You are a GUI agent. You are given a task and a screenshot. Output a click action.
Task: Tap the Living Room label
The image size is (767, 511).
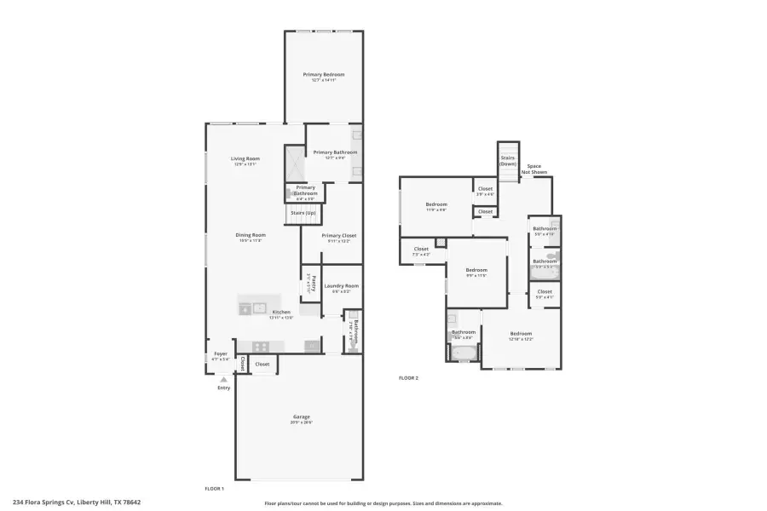tap(245, 158)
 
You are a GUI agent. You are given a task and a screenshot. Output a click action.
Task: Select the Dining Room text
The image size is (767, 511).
tap(251, 235)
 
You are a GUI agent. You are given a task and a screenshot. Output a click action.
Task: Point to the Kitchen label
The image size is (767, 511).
tap(281, 313)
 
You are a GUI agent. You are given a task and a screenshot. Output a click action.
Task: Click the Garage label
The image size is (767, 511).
tap(302, 416)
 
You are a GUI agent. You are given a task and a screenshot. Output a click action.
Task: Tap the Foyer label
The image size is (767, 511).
tap(220, 353)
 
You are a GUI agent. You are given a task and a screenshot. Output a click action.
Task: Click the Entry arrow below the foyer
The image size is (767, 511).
tap(224, 381)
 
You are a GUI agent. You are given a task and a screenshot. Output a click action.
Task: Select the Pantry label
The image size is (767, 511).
tap(312, 282)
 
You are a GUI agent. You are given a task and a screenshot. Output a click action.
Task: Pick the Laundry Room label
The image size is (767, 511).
tap(340, 286)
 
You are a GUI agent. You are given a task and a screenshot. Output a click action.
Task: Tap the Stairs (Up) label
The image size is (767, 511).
tap(303, 213)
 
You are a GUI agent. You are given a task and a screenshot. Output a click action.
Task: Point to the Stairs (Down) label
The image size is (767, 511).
tap(508, 160)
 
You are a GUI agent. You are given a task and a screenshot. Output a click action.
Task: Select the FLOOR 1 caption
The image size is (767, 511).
tap(214, 488)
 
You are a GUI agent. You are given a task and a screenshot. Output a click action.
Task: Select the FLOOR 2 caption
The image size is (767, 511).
tap(409, 377)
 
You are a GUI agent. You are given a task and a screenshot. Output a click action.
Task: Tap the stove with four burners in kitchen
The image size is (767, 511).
tap(261, 346)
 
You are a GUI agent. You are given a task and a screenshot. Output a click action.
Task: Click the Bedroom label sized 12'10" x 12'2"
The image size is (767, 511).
tap(521, 333)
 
